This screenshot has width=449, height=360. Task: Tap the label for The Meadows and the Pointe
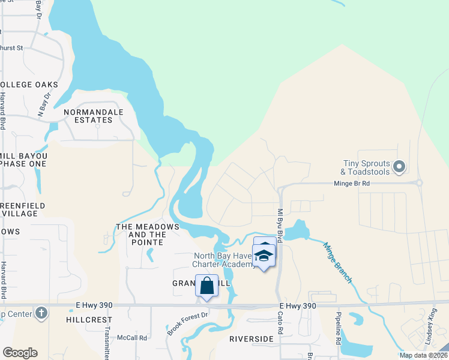pyautogui.click(x=147, y=234)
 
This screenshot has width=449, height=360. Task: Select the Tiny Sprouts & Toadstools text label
pyautogui.click(x=366, y=167)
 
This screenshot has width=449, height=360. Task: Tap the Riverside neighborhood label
pyautogui.click(x=251, y=339)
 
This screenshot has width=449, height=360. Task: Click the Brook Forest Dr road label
pyautogui.click(x=188, y=323)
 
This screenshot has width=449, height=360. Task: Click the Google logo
pyautogui.click(x=20, y=353)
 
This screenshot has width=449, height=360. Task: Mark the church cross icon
pyautogui.click(x=41, y=313)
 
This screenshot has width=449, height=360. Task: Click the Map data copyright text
pyautogui.click(x=422, y=355)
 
